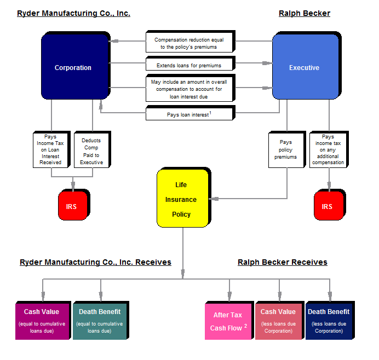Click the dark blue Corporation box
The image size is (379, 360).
73,68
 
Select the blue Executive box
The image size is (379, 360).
304,68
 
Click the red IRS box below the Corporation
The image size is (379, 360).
72,206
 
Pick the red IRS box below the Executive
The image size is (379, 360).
327,206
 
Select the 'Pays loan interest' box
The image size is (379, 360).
189,114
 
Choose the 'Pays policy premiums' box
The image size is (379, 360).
285,149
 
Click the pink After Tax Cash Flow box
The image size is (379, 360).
228,321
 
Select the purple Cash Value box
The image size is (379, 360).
42,321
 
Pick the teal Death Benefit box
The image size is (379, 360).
99,321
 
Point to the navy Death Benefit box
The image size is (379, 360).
329,321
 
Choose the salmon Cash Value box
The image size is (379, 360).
278,321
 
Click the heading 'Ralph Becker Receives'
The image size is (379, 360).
282,263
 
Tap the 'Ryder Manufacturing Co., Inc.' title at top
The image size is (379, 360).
73,13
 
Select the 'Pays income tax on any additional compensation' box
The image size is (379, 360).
328,149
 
